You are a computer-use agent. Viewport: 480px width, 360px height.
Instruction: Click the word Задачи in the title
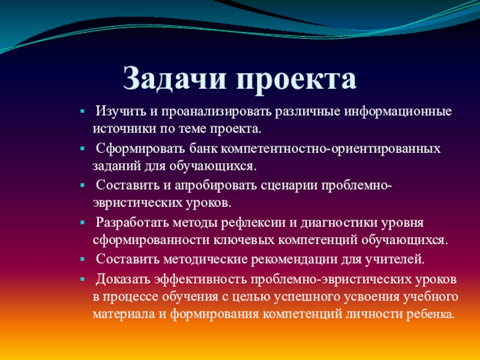pos(175,79)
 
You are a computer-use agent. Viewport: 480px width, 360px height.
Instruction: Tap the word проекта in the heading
pos(296,80)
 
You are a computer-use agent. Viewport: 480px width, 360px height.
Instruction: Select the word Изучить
pos(121,111)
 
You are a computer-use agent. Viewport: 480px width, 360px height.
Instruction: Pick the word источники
pos(124,129)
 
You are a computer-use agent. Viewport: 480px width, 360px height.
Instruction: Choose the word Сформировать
pos(140,149)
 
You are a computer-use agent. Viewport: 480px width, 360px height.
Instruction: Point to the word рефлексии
pos(253,223)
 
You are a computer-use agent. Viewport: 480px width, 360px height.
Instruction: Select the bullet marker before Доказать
pos(82,279)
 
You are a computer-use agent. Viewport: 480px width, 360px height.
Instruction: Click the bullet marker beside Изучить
pos(82,112)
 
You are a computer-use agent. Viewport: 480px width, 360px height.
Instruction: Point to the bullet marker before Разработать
pos(82,223)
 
